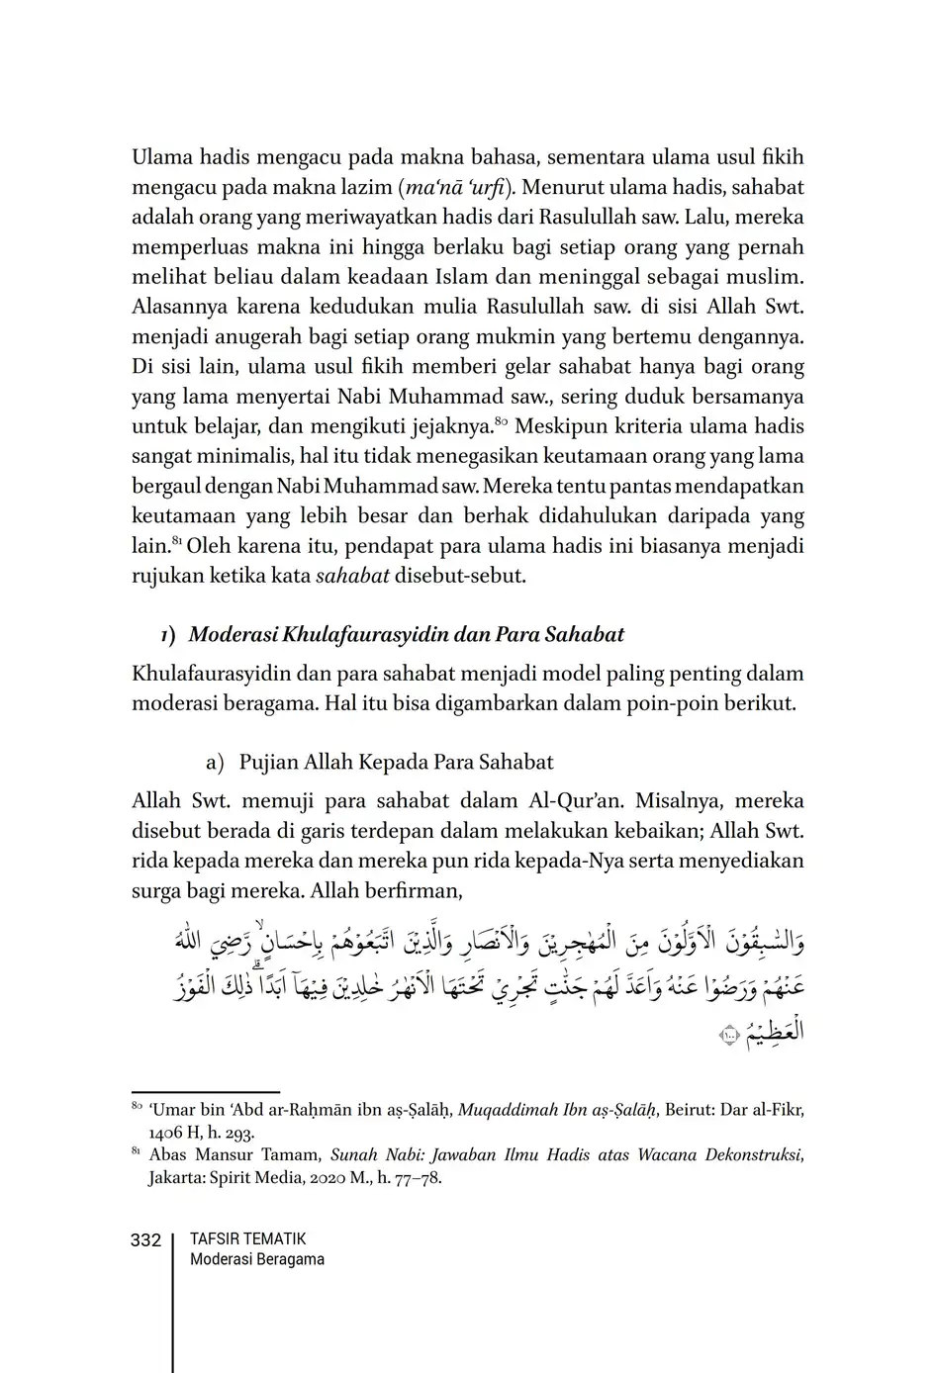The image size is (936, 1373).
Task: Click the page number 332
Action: point(145,1239)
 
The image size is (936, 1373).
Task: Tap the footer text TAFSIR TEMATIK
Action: point(247,1238)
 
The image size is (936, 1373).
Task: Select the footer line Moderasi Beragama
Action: point(256,1259)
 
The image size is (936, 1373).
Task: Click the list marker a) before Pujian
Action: point(215,763)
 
